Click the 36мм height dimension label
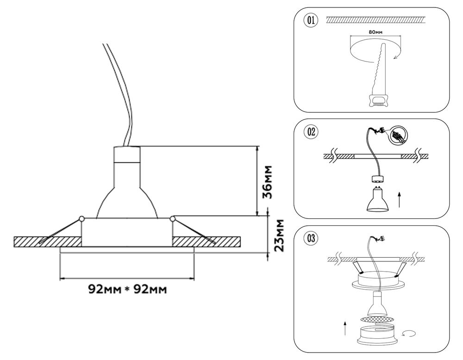click(x=267, y=181)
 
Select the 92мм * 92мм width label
click(x=127, y=290)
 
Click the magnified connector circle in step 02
click(x=397, y=135)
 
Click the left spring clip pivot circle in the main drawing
click(x=81, y=218)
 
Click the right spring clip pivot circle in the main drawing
click(x=173, y=218)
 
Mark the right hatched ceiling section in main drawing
click(x=206, y=242)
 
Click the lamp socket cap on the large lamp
click(x=126, y=155)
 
